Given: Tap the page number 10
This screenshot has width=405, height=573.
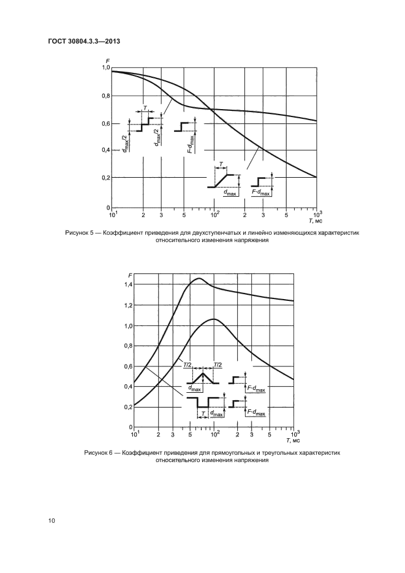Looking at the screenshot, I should coord(52,520).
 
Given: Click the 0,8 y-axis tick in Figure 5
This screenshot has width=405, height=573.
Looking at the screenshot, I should coord(105,96).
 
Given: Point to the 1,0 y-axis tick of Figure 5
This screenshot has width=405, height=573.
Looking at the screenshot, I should coord(105,69).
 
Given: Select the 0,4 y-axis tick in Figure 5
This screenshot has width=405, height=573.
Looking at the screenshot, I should coord(105,151).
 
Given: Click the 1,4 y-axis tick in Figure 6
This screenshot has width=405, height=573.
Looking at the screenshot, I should coord(128,285).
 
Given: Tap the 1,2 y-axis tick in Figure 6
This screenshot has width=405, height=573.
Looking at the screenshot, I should coord(128,305).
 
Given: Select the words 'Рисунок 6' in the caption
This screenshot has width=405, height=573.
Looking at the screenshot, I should coord(99,452).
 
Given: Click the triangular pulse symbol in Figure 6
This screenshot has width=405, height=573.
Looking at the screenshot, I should coord(202,378).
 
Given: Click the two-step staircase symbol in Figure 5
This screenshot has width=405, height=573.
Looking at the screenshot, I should coord(145,124).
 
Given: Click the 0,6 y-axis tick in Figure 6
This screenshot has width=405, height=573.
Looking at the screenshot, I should coord(128,366).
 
